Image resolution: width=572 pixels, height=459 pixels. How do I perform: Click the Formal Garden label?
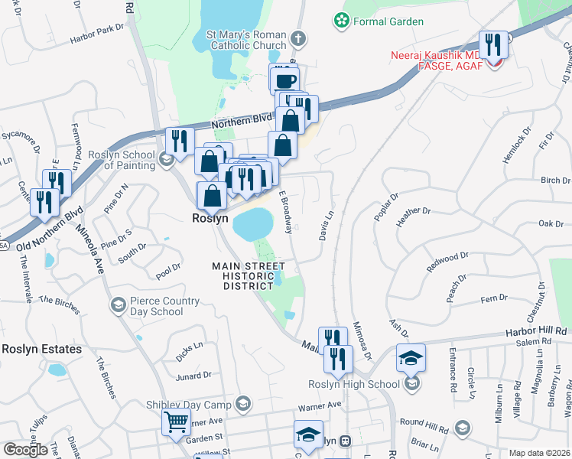pos(388,21)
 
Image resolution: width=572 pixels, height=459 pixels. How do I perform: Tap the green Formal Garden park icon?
pos(341,21)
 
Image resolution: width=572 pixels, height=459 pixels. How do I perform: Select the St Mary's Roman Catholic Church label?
pos(247,41)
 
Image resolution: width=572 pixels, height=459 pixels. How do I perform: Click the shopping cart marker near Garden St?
pos(176,421)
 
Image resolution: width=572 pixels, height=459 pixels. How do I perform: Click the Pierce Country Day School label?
pos(156,306)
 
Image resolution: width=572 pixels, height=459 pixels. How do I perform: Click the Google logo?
pos(25,450)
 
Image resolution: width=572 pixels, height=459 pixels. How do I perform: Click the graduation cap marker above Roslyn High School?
pos(411,356)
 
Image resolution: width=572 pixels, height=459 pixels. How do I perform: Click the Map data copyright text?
pos(539,453)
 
